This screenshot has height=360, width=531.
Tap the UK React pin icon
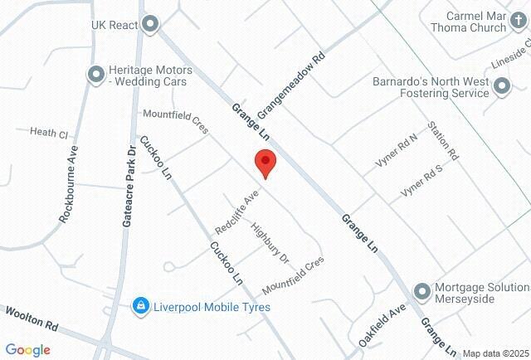pyautogui.click(x=149, y=25)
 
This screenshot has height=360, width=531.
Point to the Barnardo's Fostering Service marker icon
pyautogui.click(x=501, y=86)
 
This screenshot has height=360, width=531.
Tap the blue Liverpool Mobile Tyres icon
pyautogui.click(x=142, y=307)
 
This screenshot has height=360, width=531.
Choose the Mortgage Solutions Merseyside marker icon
pyautogui.click(x=422, y=291)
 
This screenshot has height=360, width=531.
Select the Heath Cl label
pyautogui.click(x=48, y=133)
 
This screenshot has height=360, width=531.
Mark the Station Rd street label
pyautogui.click(x=442, y=141)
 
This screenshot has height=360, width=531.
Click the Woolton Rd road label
pyautogui.click(x=31, y=320)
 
